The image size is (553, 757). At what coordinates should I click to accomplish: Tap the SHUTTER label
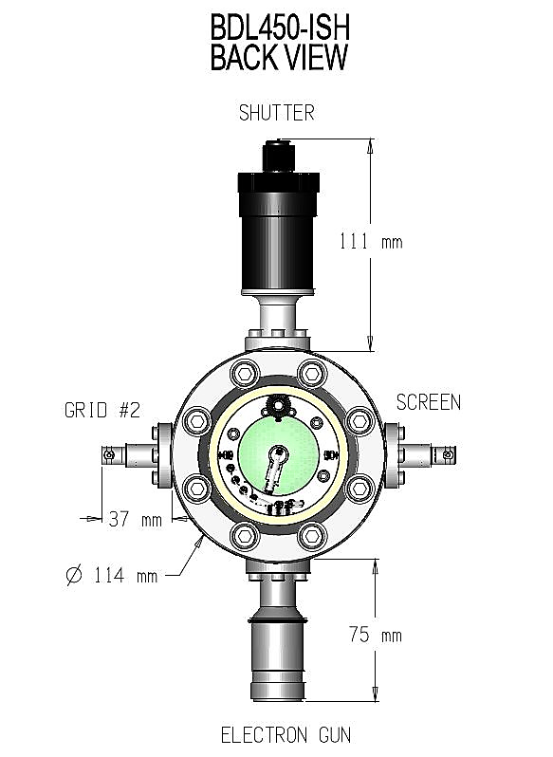[276, 113]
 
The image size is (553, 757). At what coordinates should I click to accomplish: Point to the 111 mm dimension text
[370, 241]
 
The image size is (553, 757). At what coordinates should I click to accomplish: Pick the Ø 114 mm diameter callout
[112, 575]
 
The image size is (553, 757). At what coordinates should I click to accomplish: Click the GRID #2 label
[101, 411]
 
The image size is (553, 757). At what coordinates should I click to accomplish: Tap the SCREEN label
[428, 402]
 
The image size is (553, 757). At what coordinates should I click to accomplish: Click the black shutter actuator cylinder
[276, 229]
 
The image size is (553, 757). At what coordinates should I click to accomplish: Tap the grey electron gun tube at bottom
[277, 655]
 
